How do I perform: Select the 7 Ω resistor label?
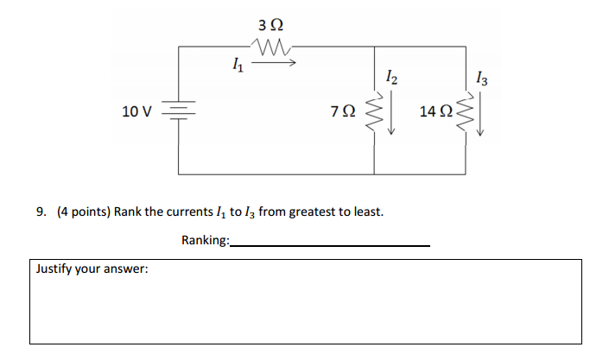(x=342, y=111)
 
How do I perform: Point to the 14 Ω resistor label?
(x=435, y=111)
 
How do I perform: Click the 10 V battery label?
(x=136, y=111)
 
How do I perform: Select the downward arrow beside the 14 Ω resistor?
(x=481, y=114)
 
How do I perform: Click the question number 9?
(x=41, y=212)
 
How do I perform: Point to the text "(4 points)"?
(x=82, y=212)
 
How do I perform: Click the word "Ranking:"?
(x=206, y=240)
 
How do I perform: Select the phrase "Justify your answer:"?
(x=92, y=268)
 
